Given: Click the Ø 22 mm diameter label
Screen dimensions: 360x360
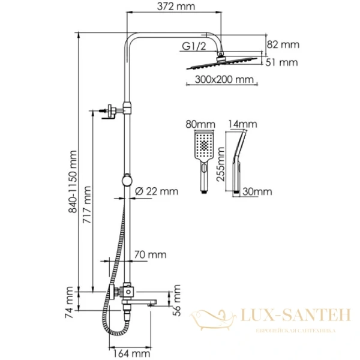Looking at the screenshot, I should click(x=156, y=191).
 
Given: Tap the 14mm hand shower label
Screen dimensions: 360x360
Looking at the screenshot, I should click(x=242, y=124).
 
